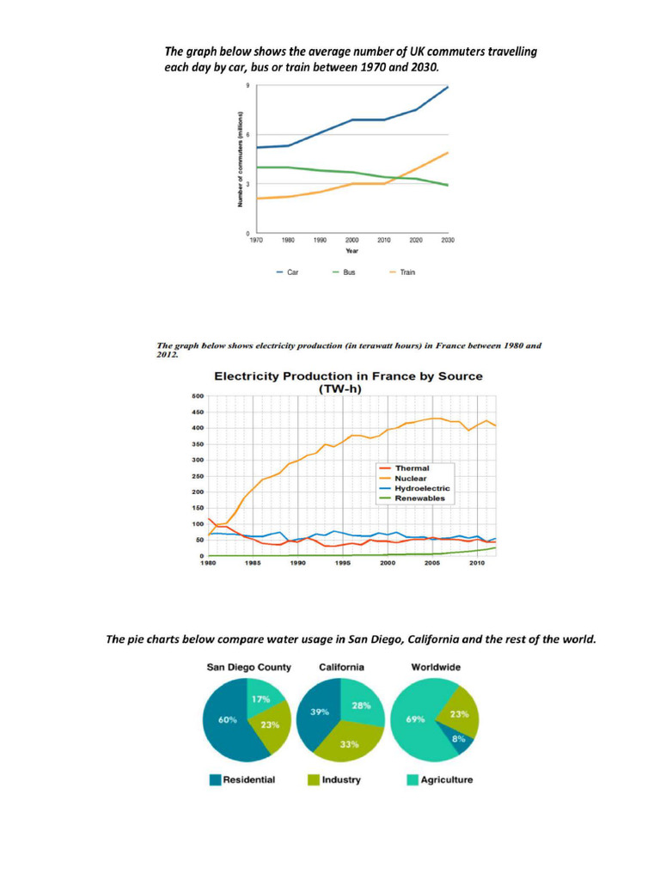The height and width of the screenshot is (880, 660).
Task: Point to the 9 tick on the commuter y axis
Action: (x=247, y=87)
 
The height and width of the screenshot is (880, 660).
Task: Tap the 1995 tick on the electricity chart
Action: (x=342, y=564)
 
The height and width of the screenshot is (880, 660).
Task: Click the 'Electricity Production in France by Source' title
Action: (x=348, y=376)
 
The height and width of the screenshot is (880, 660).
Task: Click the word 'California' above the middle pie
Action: (x=341, y=667)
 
